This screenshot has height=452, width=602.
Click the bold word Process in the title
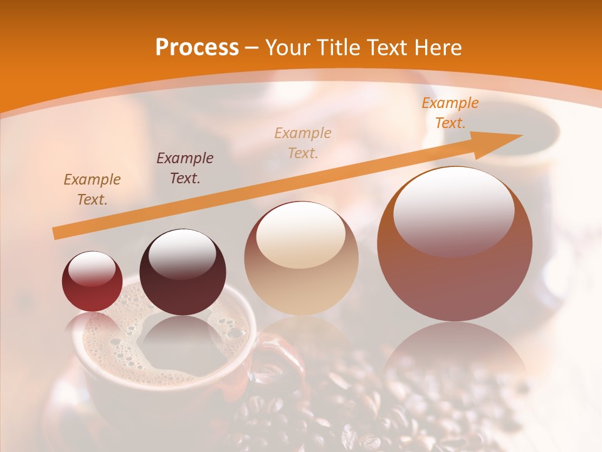pyautogui.click(x=197, y=48)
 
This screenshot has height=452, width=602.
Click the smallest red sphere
pyautogui.click(x=92, y=282)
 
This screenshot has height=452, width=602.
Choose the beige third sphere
pyautogui.click(x=301, y=259)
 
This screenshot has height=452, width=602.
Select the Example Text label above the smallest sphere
pyautogui.click(x=92, y=190)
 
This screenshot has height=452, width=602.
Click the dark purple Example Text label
pyautogui.click(x=184, y=168)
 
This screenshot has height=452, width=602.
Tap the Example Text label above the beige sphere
pyautogui.click(x=302, y=143)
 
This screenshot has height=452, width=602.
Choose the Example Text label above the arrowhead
pyautogui.click(x=450, y=113)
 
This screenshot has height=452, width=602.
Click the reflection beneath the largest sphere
pyautogui.click(x=454, y=358)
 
